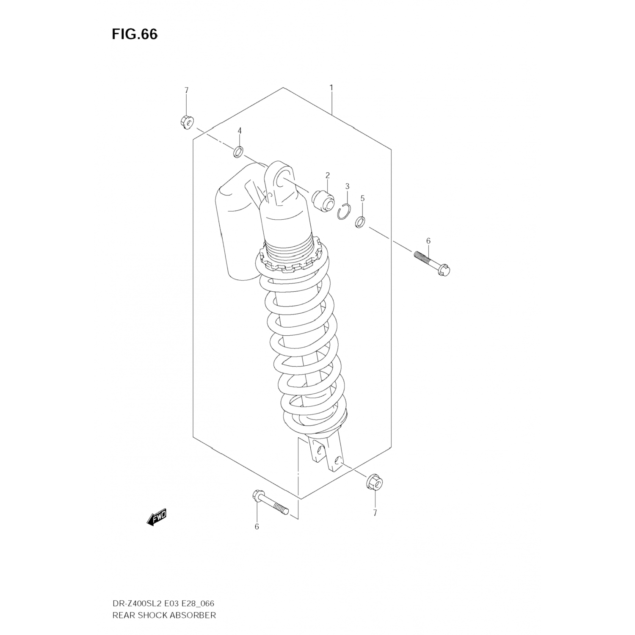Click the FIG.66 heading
pos(135,34)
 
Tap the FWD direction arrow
pos(157,517)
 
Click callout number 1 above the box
pos(331,88)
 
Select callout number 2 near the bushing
pos(327,175)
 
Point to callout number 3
pos(347,186)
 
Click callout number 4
pos(239,131)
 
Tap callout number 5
pos(362,198)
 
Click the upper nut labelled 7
pos(186,122)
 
